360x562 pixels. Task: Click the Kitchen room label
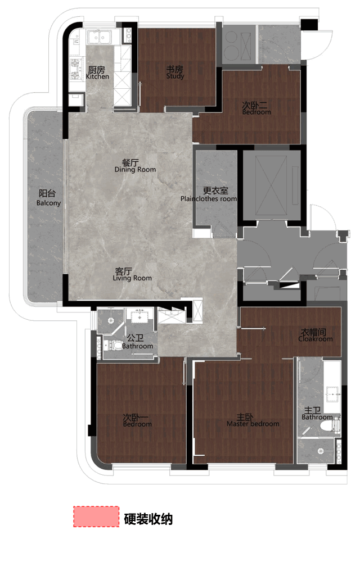97,72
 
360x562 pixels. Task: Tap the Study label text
175,72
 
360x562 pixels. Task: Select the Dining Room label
135,166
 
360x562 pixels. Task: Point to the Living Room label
132,274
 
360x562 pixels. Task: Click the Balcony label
48,198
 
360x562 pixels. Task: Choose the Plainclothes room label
209,194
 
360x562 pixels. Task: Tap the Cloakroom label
316,335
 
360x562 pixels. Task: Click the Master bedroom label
253,420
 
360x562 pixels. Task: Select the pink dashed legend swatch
96,516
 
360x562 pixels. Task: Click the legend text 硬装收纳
148,519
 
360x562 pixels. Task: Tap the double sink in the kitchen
100,37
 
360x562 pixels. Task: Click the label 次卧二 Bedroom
256,108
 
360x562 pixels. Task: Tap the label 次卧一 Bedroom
137,420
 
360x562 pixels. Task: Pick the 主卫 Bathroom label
317,413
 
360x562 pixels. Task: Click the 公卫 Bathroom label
137,342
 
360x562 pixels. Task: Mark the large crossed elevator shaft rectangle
271,185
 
